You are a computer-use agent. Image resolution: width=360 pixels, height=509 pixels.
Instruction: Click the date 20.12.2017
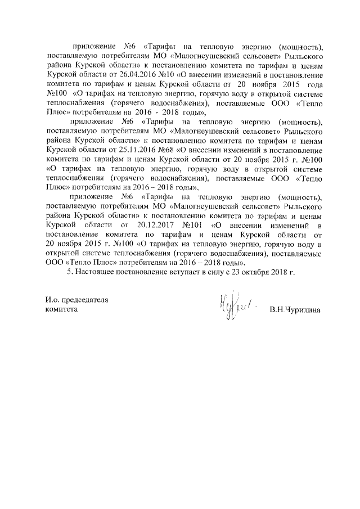148,225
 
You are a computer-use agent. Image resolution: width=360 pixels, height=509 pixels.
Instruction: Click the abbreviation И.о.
53,300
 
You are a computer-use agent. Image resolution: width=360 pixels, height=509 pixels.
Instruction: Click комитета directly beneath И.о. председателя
62,310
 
